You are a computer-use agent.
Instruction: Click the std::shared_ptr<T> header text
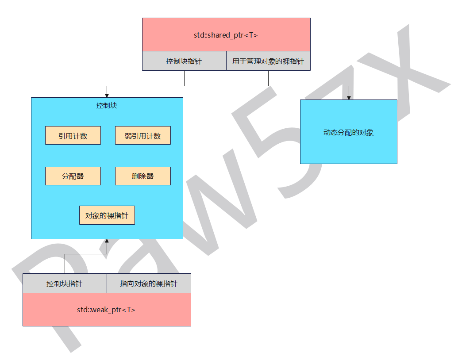point(226,35)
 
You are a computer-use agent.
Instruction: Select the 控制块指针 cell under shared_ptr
point(185,61)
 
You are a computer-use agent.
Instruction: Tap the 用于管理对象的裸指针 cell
point(268,61)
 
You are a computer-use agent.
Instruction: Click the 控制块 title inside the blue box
point(107,105)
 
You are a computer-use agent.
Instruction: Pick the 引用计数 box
point(73,135)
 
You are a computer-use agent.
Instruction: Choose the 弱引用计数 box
point(143,135)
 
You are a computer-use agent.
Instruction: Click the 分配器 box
point(73,176)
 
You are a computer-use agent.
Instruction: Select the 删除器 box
point(143,176)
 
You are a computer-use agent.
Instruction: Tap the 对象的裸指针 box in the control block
point(107,215)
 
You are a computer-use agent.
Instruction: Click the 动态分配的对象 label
point(348,133)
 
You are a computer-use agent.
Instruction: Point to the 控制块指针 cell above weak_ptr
point(65,283)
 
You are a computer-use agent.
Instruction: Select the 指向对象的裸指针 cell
point(149,283)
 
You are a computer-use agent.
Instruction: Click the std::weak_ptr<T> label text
point(106,310)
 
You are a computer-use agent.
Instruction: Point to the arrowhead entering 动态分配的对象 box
point(349,98)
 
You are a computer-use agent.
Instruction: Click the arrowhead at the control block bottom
point(107,241)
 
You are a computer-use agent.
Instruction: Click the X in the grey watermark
point(403,73)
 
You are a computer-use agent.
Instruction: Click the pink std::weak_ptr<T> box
point(107,310)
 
